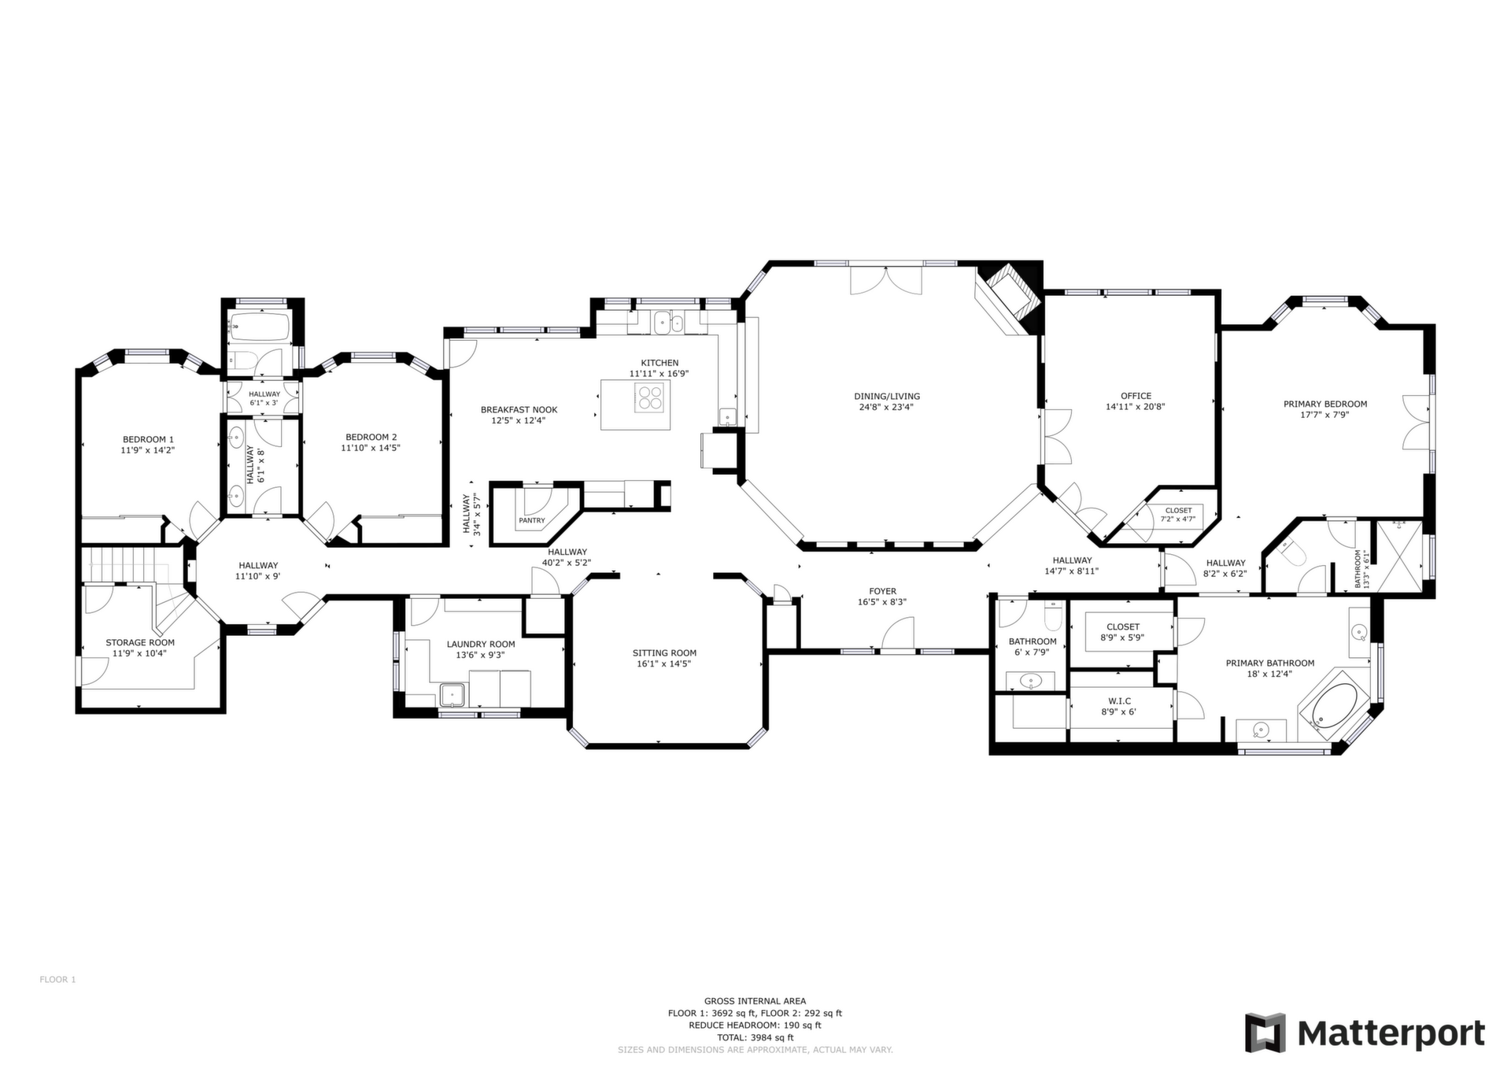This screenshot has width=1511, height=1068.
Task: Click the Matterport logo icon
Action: [1265, 1033]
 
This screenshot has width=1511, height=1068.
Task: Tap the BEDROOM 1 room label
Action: [148, 439]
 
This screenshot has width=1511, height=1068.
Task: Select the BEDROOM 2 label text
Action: [371, 437]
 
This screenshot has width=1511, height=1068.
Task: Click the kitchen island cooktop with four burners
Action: [650, 397]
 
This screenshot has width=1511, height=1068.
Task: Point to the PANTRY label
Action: [532, 520]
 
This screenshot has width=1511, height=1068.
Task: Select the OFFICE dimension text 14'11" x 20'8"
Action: [1135, 407]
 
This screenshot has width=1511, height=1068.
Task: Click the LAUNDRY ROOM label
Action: [481, 644]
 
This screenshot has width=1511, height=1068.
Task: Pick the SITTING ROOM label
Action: [664, 652]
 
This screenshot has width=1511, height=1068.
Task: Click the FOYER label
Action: [882, 591]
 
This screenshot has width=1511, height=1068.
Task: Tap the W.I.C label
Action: [1119, 700]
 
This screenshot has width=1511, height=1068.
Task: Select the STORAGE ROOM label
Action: [140, 642]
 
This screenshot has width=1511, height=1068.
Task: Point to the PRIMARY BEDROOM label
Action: [1325, 404]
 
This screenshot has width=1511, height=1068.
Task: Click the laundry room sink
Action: [453, 695]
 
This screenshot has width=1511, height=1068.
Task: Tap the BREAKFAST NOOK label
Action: [519, 409]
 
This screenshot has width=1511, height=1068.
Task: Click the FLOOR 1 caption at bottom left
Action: [57, 980]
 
